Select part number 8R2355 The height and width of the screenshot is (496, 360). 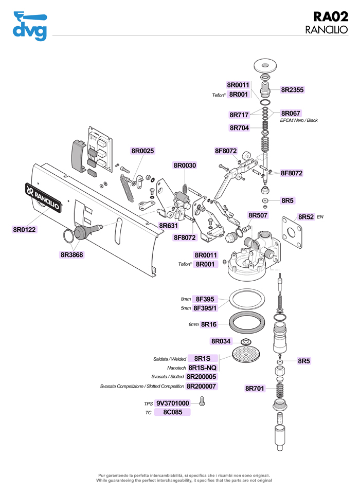point(292,89)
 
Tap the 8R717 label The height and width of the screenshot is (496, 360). point(239,114)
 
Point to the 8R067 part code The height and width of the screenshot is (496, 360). point(291,113)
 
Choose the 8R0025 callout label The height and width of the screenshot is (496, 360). point(142,151)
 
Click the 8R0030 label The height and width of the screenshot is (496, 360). point(185,166)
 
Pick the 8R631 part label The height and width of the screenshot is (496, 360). point(168,226)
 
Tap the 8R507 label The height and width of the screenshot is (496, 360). point(258,215)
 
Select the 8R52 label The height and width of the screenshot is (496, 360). point(306,217)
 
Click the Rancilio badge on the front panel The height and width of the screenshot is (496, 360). point(44,197)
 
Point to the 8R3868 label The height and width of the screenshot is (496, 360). point(71,254)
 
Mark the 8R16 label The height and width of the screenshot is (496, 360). point(209,324)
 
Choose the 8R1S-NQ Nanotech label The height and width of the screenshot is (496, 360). point(203,368)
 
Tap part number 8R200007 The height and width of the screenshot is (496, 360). point(201,386)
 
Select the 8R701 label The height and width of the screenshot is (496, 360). point(255,388)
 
